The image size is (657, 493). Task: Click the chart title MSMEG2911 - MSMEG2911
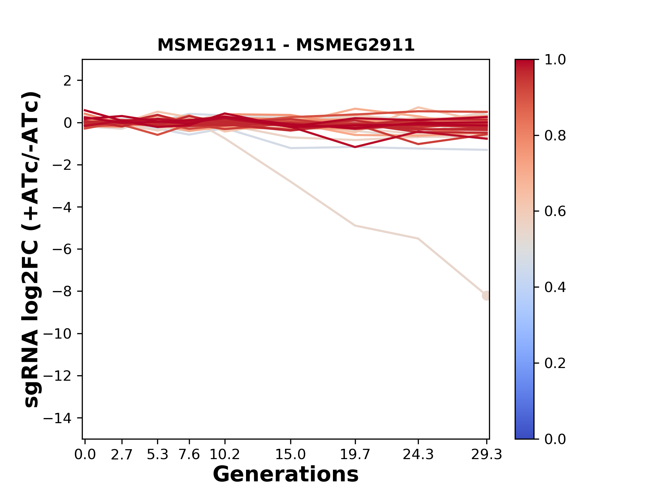[x=286, y=45]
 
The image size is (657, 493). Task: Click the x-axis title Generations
[x=286, y=475]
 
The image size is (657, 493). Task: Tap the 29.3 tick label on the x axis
[x=487, y=455]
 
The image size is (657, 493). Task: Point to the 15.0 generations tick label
[x=291, y=455]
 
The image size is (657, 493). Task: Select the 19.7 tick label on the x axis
[x=355, y=455]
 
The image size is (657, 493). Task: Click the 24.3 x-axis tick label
[x=418, y=455]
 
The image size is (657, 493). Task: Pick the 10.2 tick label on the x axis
[x=224, y=455]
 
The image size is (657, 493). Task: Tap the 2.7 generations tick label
[x=122, y=455]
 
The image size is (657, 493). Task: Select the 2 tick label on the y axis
[x=67, y=81]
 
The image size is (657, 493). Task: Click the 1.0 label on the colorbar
[x=555, y=60]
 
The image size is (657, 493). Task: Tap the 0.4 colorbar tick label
[x=555, y=287]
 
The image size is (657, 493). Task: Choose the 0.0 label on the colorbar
[x=555, y=439]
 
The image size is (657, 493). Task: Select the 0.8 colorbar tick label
[x=555, y=136]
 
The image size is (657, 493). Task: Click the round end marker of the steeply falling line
[x=486, y=295]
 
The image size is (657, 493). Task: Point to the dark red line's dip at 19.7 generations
[x=355, y=147]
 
